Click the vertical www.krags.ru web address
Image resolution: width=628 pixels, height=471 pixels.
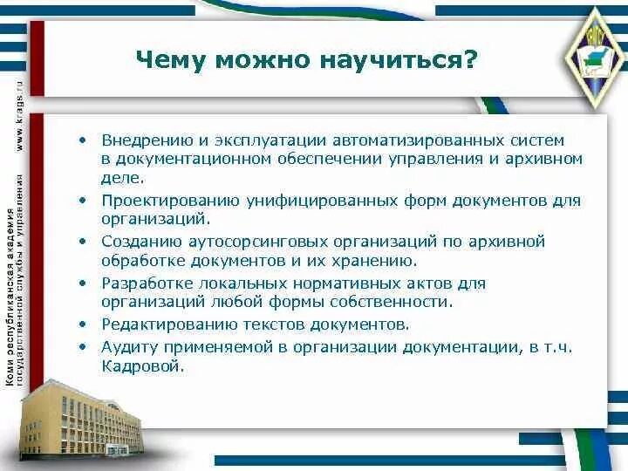coord(19,114)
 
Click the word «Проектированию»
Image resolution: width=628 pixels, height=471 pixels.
coord(158,201)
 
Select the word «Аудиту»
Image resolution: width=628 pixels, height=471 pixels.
coord(126,346)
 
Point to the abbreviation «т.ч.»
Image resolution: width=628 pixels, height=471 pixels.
coord(557,346)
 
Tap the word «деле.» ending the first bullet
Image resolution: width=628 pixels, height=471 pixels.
coord(121,178)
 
